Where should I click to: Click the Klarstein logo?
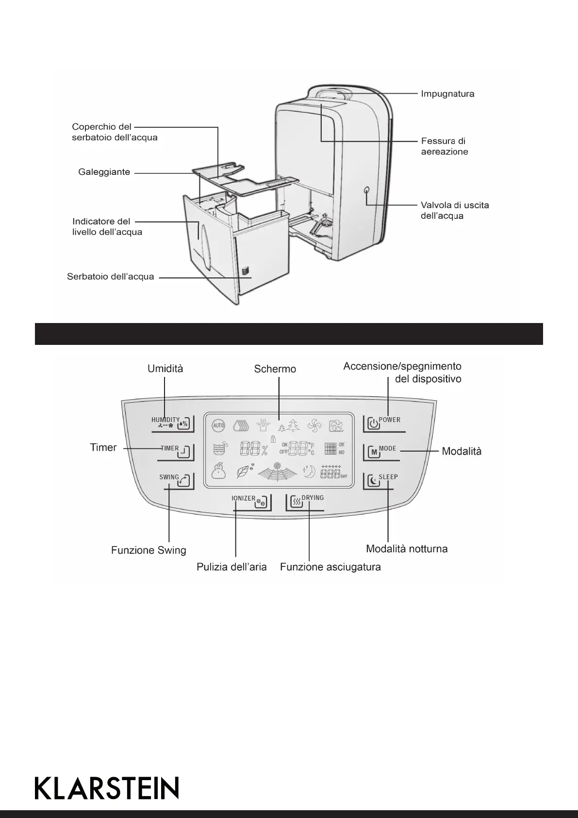pos(107,787)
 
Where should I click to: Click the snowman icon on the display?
pos(219,471)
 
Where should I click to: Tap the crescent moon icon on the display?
pos(309,471)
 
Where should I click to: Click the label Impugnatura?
pos(447,94)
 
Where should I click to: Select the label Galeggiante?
pos(104,172)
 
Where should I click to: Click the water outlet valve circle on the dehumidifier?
pos(366,190)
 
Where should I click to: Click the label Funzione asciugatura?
pos(330,567)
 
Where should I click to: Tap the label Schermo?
pos(275,369)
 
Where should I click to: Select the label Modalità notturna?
pos(407,549)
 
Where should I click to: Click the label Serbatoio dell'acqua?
pos(111,277)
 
